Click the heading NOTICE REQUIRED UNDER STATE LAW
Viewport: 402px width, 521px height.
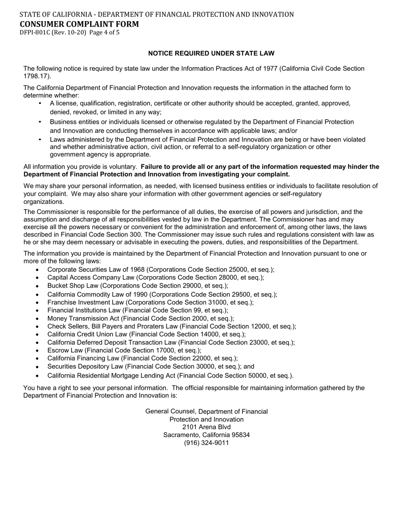211,53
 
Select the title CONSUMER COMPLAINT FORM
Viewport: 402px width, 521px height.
79,24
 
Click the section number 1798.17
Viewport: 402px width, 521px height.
36,76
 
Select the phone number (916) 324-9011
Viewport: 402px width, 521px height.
207,443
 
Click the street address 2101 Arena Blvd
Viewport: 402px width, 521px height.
207,427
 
